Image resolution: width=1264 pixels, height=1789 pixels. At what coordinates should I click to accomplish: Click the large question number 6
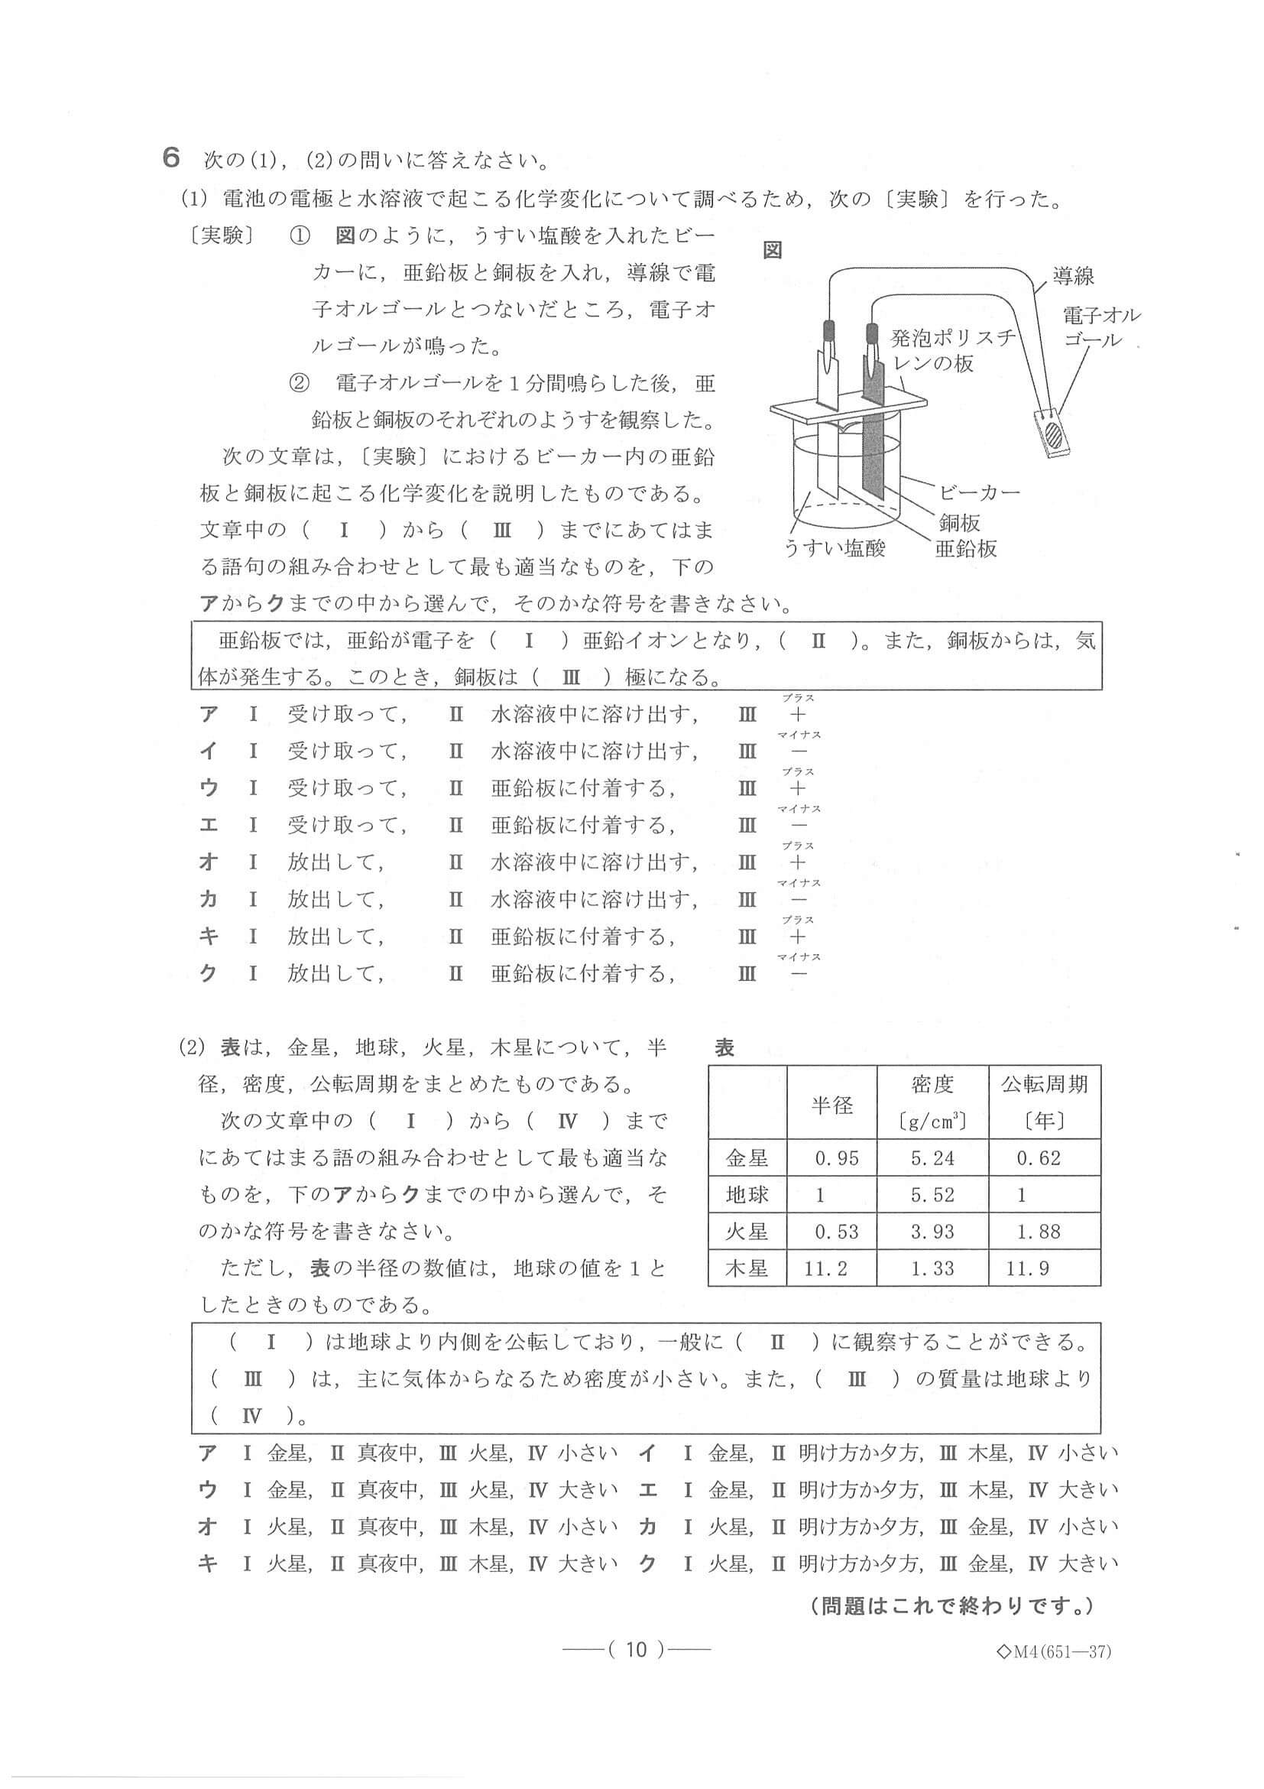point(171,158)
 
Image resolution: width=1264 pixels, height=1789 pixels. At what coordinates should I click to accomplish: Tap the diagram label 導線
point(1072,275)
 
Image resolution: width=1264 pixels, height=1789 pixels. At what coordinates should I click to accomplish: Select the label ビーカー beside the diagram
point(978,492)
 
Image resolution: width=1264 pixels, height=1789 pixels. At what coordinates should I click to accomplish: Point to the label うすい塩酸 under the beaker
point(834,548)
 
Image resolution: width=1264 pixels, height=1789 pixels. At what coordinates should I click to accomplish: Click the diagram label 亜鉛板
point(966,548)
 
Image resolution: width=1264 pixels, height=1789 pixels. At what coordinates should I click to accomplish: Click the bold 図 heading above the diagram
point(772,250)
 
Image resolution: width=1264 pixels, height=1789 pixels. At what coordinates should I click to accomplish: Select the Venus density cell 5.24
point(932,1157)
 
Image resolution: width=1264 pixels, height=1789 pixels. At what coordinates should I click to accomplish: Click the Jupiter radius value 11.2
point(825,1268)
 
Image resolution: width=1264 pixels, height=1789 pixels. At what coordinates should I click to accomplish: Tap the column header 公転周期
point(1044,1084)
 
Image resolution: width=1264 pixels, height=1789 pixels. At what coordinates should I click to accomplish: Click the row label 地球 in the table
point(746,1194)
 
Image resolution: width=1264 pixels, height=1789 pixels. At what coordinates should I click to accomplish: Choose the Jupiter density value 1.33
point(932,1268)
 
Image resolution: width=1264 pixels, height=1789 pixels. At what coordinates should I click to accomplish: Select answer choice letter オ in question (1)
point(208,862)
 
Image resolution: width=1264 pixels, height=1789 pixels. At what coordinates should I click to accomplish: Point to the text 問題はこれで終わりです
point(951,1606)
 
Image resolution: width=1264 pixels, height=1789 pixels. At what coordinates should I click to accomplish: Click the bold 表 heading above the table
point(724,1048)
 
